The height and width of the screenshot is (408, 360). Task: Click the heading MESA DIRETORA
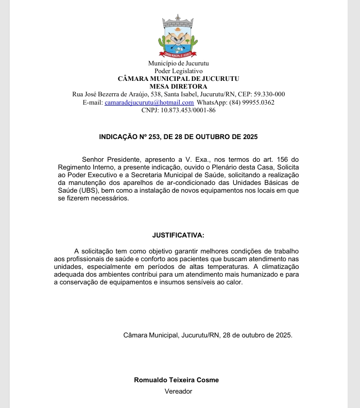(178, 87)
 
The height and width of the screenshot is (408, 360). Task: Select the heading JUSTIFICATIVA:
(178, 235)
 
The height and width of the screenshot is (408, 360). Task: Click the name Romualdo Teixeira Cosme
(176, 380)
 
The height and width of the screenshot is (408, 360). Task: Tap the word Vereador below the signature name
(178, 391)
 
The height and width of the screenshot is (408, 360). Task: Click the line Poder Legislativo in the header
(178, 71)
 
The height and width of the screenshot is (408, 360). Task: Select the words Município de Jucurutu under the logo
(178, 63)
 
